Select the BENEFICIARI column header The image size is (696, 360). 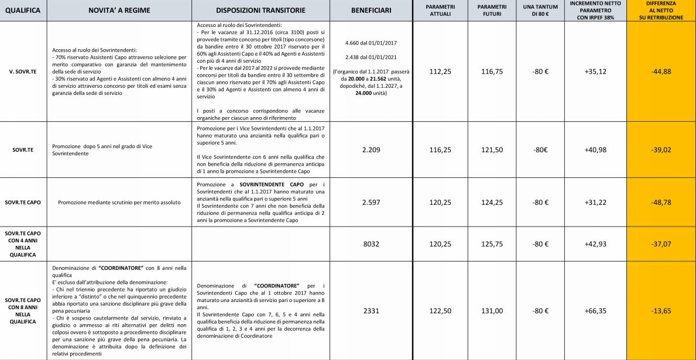coord(371,11)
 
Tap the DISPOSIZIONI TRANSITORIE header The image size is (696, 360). coord(260,11)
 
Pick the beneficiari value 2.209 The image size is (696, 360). coord(371,150)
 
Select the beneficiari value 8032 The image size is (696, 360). coord(371,244)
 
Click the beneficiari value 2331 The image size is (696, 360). coord(371,311)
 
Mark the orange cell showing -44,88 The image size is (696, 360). coord(661,71)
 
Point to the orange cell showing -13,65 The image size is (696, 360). coord(661,311)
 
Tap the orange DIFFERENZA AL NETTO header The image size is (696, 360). coord(661,11)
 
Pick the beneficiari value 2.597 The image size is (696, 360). coord(371,203)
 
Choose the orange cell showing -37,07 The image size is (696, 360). coord(661,244)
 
